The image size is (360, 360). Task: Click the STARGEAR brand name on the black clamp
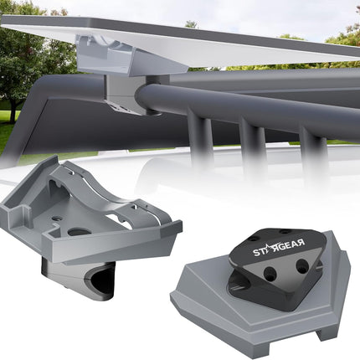pyautogui.click(x=279, y=248)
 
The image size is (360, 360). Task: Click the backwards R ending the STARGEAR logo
pyautogui.click(x=301, y=243)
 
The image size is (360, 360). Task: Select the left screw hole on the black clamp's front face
pyautogui.click(x=270, y=273)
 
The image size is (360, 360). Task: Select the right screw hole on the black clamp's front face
pyautogui.click(x=301, y=266)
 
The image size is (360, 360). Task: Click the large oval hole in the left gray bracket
pyautogui.click(x=80, y=232)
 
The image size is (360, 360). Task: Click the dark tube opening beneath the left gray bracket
pyautogui.click(x=102, y=284)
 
